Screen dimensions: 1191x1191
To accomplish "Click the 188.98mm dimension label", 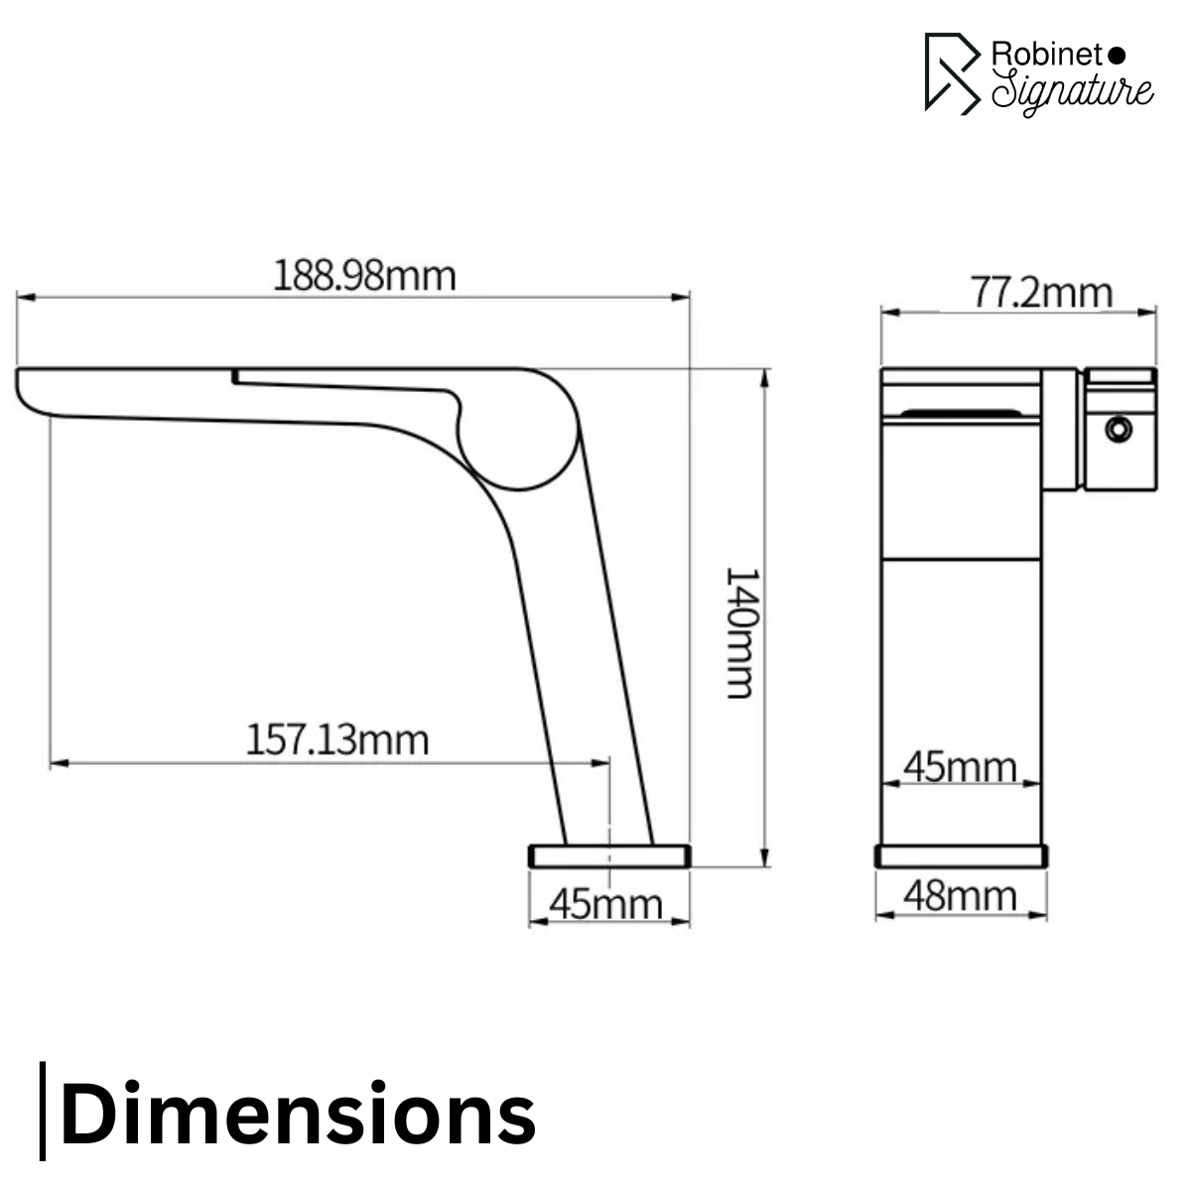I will (x=364, y=275).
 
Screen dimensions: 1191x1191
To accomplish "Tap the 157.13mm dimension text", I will (x=336, y=739).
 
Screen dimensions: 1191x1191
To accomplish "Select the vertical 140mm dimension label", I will (x=741, y=632).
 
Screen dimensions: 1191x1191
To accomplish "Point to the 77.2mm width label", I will (x=1040, y=293).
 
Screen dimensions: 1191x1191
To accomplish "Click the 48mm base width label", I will (x=960, y=896).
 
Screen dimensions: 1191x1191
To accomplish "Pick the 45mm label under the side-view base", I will (x=605, y=904).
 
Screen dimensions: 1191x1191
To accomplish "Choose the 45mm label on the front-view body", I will (x=960, y=767).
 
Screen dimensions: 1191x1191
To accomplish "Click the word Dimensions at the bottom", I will (x=298, y=1114).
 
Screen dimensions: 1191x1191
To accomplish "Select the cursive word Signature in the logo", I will (x=1072, y=91).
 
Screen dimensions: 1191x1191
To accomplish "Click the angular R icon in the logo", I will (x=951, y=73).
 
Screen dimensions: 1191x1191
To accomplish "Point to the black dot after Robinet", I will (x=1116, y=54).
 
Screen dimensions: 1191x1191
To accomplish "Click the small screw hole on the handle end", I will (x=1119, y=429).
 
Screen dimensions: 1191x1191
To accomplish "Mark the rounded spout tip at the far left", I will (x=28, y=390).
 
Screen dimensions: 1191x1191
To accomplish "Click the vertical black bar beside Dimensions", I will (x=43, y=1111).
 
